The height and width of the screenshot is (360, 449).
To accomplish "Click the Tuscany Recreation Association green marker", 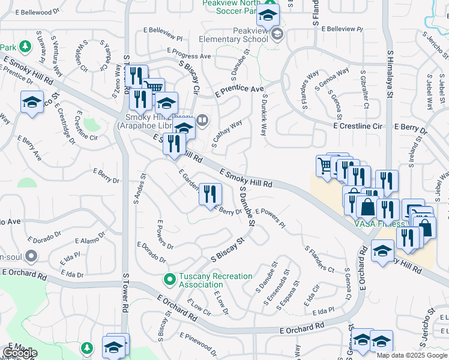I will pyautogui.click(x=170, y=279).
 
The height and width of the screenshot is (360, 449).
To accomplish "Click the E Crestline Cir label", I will pyautogui.click(x=358, y=127).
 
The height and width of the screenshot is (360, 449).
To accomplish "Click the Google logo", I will pyautogui.click(x=20, y=353).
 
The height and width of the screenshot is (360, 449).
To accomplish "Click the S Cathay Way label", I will pyautogui.click(x=227, y=134).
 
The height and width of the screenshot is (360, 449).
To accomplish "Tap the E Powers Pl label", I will pyautogui.click(x=270, y=217).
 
